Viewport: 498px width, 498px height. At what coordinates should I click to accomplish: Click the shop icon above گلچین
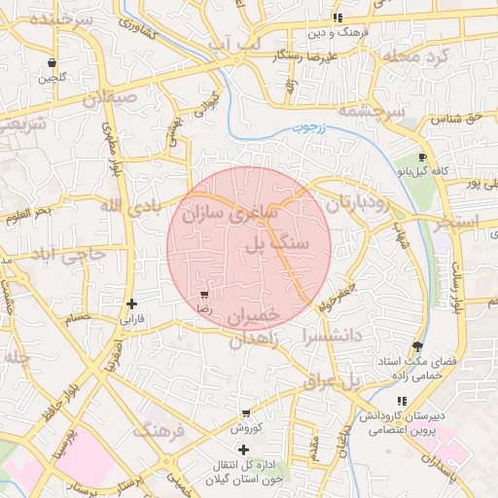click(51, 62)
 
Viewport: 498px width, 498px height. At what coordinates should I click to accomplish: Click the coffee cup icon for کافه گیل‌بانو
click(422, 157)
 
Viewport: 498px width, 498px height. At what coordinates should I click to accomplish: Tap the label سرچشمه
click(371, 113)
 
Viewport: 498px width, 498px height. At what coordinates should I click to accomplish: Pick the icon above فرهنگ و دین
click(337, 18)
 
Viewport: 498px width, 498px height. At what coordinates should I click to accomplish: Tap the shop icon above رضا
click(204, 294)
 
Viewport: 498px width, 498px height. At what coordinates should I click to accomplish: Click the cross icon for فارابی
click(131, 303)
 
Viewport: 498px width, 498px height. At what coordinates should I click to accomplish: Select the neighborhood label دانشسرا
click(308, 338)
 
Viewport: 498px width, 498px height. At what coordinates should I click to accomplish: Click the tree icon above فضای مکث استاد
click(417, 347)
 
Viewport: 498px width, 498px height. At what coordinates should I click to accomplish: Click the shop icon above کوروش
click(246, 412)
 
